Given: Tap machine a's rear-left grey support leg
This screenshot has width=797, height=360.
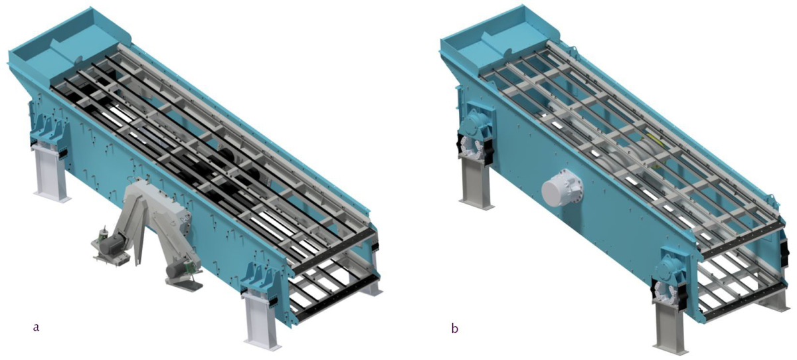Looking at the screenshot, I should coord(52,173).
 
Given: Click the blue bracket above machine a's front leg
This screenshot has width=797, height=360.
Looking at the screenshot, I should coord(260,280).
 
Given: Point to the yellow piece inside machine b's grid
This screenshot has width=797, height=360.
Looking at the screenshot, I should coord(658,141).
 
